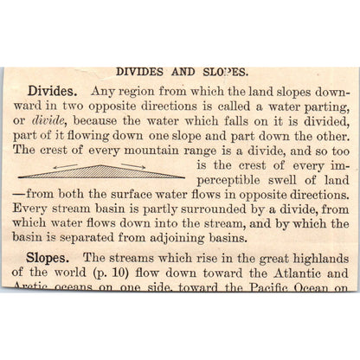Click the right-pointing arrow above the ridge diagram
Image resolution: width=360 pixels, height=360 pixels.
tap(132, 165)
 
